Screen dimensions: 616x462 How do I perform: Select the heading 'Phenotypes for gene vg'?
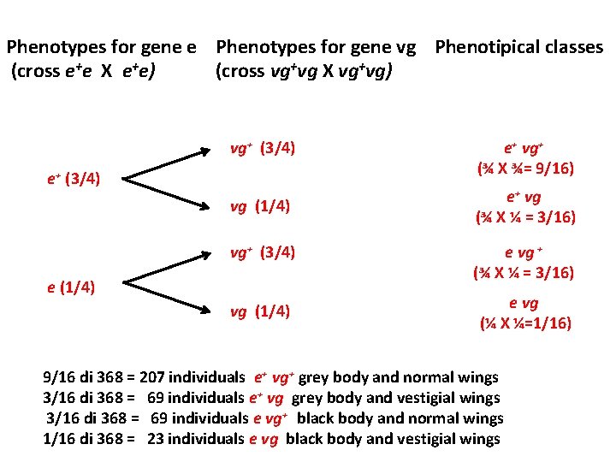click(316, 47)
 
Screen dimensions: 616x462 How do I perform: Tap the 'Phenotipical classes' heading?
click(518, 47)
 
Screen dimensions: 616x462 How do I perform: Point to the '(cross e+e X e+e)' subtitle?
click(83, 70)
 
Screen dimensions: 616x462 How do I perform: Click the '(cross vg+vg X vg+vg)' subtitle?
click(305, 70)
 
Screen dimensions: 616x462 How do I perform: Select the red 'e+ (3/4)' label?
click(74, 179)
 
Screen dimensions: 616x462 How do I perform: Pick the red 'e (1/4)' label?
click(71, 286)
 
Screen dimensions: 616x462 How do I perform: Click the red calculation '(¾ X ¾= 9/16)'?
click(524, 169)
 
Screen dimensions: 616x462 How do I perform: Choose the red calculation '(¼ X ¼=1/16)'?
click(524, 323)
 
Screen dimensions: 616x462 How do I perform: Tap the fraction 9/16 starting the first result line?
click(60, 376)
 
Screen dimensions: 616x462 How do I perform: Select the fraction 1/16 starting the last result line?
click(60, 439)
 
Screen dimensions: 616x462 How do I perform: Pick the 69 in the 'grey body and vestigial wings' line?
click(157, 397)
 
